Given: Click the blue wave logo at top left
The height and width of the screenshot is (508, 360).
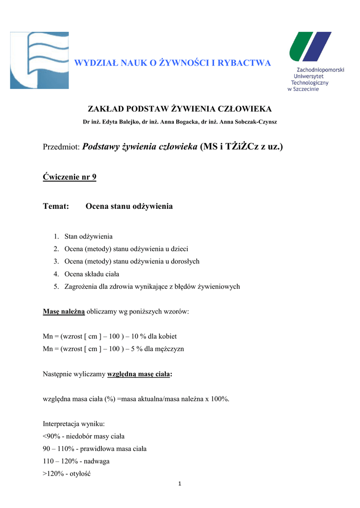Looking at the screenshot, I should click(x=39, y=61).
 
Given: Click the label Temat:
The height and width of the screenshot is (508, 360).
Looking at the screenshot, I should click(x=56, y=206).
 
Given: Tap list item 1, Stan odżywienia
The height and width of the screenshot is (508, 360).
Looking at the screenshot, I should click(x=88, y=237).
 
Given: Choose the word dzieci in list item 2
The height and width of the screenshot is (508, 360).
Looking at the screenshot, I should click(x=178, y=249).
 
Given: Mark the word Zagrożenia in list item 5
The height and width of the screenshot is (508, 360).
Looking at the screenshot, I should click(x=81, y=286).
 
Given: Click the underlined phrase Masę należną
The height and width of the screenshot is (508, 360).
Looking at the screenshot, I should click(x=64, y=312).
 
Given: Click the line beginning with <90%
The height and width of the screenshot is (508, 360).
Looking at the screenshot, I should click(x=83, y=436).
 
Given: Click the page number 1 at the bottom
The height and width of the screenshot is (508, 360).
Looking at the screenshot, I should click(x=180, y=485).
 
